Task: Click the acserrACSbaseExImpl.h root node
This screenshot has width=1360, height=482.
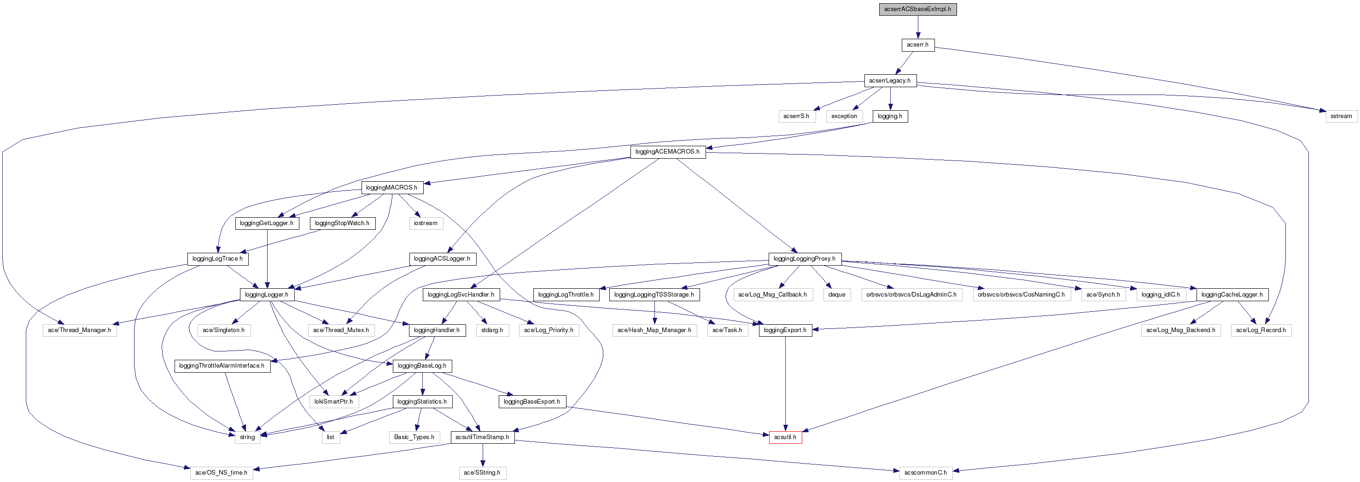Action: coord(917,9)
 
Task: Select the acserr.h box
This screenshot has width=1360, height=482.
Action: coord(917,45)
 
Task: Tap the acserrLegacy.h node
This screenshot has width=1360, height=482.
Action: coord(890,80)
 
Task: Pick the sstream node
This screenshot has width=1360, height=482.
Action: coord(1341,116)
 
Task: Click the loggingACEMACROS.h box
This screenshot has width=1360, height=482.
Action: coord(667,152)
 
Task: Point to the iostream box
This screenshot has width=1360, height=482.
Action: coord(426,223)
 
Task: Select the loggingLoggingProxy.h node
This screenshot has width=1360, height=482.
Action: coord(805,259)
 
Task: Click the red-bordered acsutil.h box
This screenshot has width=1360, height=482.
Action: coord(785,437)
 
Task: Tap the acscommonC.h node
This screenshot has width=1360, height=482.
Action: coord(926,472)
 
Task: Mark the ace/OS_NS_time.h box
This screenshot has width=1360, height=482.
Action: coord(221,472)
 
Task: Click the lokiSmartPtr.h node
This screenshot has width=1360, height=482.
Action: coord(333,402)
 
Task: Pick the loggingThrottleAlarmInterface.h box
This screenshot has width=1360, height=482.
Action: coord(222,366)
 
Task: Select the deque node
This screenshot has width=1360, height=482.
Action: coord(837,294)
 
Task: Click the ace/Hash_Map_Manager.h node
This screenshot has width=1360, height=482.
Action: coord(654,330)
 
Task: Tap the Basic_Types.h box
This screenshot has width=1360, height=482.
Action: coord(414,437)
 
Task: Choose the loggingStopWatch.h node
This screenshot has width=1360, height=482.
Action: coord(342,223)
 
